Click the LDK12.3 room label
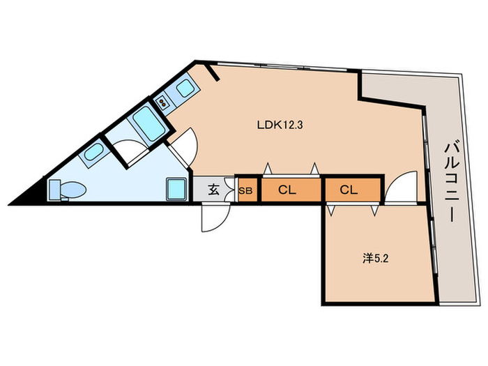tap(280, 125)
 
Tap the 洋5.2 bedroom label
tap(375, 258)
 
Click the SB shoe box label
tap(245, 191)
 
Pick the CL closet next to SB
tap(287, 190)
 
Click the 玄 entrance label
tap(213, 190)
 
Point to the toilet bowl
tap(73, 190)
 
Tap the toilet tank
tap(55, 190)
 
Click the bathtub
tap(149, 123)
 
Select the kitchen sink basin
tap(185, 88)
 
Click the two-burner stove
tap(162, 102)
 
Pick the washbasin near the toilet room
tap(93, 152)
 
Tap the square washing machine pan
tap(177, 189)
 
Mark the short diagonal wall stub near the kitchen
tap(213, 73)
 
